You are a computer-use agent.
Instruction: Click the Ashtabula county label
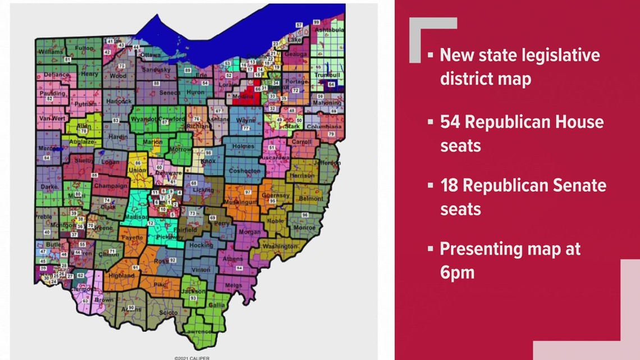pyautogui.click(x=328, y=29)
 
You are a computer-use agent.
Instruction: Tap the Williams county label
pyautogui.click(x=50, y=52)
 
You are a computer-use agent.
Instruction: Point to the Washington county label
pyautogui.click(x=279, y=246)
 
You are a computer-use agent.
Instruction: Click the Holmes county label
pyautogui.click(x=244, y=147)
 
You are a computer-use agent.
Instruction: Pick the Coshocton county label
pyautogui.click(x=244, y=171)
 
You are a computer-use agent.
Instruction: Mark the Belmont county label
pyautogui.click(x=311, y=198)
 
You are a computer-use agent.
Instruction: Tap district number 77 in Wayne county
pyautogui.click(x=245, y=128)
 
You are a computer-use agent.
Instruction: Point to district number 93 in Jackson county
pyautogui.click(x=193, y=298)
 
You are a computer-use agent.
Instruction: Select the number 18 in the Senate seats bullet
pyautogui.click(x=449, y=185)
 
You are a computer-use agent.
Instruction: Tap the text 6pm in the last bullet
pyautogui.click(x=458, y=272)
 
